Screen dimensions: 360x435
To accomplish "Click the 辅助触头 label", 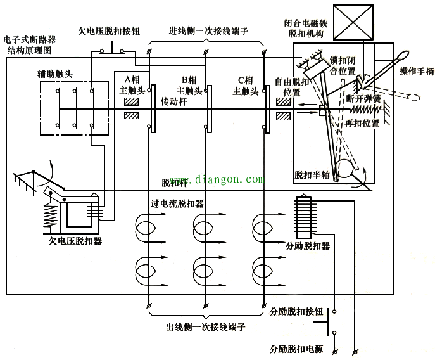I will coord(55,74).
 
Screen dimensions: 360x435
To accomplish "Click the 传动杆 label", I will coord(173,101).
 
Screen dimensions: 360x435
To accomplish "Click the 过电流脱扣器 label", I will coord(177,204).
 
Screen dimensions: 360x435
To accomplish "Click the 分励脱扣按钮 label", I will coord(296,312).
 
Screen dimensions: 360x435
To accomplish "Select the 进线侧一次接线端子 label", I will coord(207,30).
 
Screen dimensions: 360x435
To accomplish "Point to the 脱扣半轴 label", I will coord(312,174).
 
